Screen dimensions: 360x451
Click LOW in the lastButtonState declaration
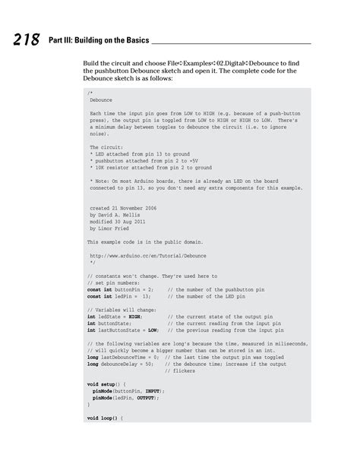pyautogui.click(x=152, y=330)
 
